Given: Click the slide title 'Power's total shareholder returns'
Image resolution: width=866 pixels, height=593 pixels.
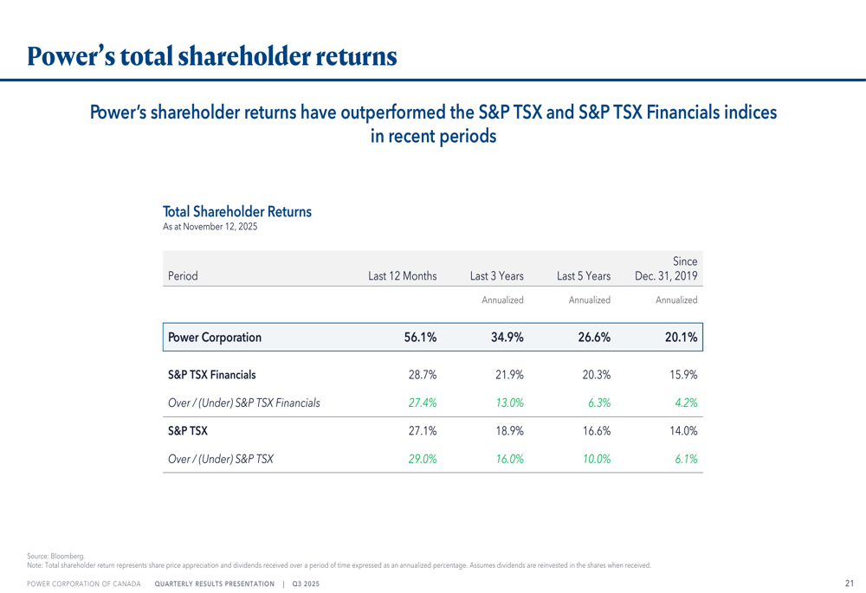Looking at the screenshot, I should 212,57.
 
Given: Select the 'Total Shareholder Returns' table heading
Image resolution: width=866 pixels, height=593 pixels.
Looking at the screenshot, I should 236,211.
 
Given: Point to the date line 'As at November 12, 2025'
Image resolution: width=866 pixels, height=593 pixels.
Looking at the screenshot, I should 210,227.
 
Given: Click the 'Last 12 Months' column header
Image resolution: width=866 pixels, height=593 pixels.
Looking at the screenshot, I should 402,276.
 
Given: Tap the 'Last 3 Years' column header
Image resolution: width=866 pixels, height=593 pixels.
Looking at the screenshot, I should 496,276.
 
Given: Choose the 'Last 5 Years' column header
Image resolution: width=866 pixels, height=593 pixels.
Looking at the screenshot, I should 584,276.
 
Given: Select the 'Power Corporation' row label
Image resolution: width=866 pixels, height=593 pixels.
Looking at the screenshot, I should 215,338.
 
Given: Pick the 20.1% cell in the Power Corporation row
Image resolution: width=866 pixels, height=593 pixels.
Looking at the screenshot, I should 681,338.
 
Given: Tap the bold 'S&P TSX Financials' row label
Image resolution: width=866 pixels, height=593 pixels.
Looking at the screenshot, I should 211,375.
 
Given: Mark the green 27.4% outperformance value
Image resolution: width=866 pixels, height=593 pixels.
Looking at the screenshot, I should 422,403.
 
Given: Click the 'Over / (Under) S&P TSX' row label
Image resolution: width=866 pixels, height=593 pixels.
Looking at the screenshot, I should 221,460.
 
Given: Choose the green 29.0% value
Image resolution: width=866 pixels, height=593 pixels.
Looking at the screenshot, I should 422,460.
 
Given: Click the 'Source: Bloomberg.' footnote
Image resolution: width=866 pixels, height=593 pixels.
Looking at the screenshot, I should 56,555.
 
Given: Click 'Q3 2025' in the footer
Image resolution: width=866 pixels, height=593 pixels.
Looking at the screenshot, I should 306,585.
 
